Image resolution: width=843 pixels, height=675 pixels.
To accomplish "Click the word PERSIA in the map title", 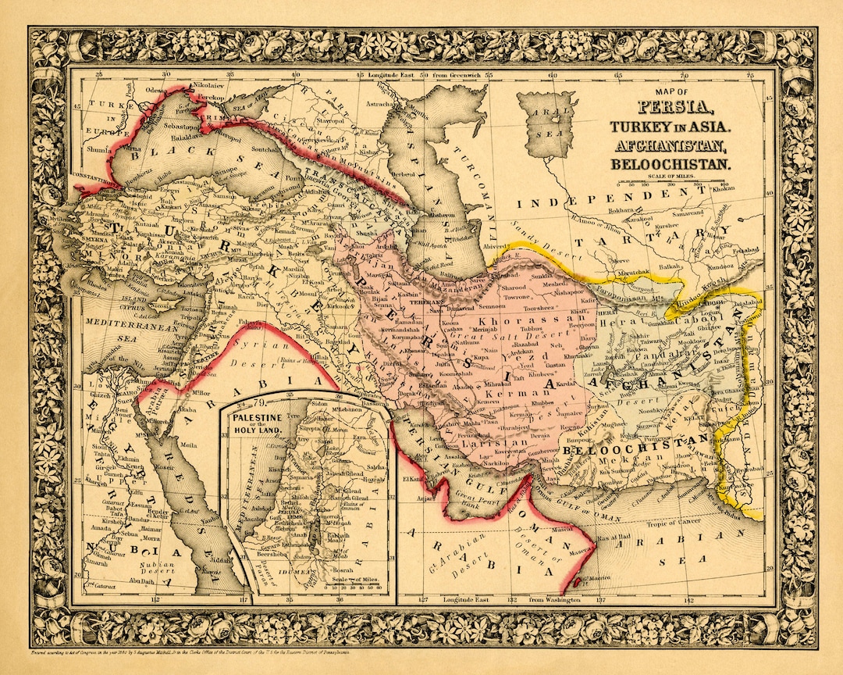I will pos(672,108).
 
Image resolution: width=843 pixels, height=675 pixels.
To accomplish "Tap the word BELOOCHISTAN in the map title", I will pos(672,164).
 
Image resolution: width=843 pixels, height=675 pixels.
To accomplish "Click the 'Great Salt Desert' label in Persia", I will pos(500,336).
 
